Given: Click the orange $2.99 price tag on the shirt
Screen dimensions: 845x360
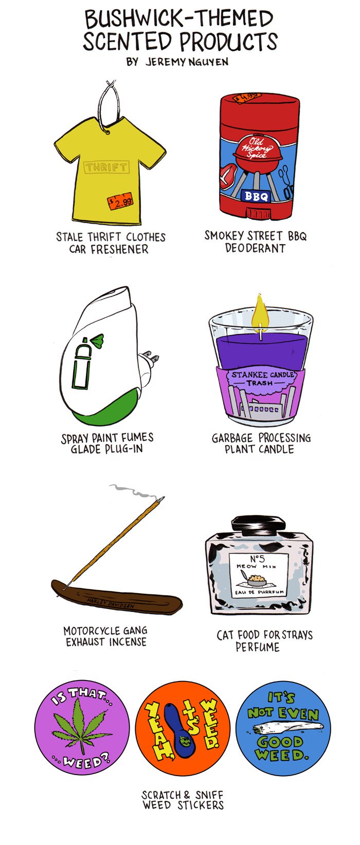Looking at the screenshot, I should (120, 201).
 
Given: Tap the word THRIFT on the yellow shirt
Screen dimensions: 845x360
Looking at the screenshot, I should (106, 167).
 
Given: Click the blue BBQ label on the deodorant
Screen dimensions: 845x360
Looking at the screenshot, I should (256, 196).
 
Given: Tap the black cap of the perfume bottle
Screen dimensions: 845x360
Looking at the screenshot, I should (259, 525).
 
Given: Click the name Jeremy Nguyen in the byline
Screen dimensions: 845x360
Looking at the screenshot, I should (186, 62).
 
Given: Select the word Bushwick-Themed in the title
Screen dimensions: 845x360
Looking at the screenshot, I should (178, 19).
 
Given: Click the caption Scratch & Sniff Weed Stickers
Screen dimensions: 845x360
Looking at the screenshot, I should (183, 800).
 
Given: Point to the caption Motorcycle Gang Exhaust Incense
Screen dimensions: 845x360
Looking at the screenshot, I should (106, 636).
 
